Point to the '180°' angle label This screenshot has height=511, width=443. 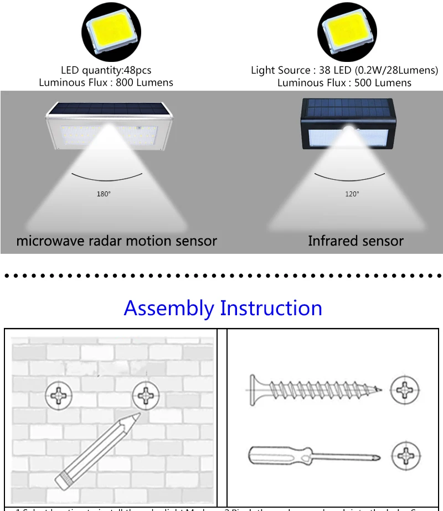click(104, 194)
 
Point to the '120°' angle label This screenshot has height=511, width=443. click(352, 194)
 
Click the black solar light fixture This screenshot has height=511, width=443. click(347, 124)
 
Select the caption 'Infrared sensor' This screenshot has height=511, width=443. click(356, 241)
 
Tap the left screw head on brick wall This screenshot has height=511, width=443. click(59, 395)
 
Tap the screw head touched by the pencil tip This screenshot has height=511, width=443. click(147, 395)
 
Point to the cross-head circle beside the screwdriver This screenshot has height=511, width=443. click(406, 456)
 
